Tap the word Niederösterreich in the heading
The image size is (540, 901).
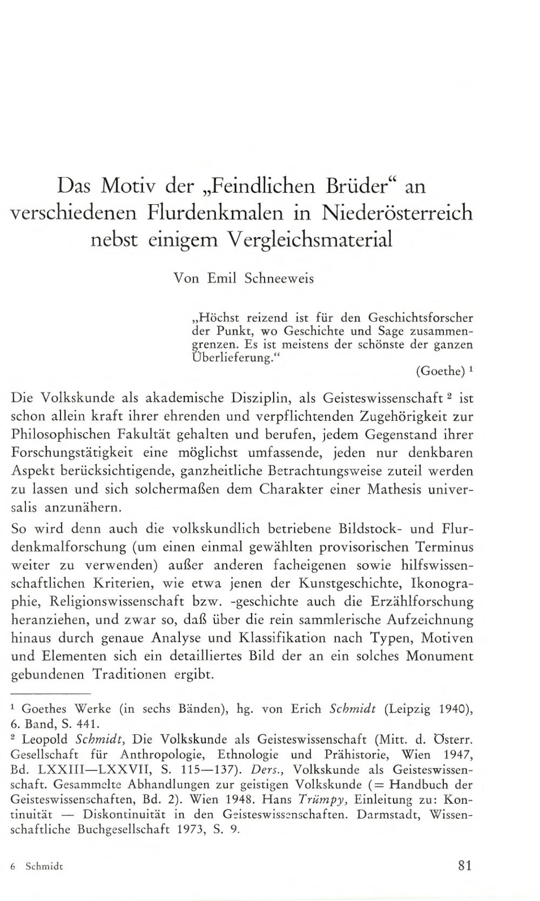pos(397,212)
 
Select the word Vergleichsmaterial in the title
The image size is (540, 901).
pos(307,239)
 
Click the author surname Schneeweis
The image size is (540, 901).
pos(279,279)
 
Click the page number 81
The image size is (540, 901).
pos(464,865)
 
